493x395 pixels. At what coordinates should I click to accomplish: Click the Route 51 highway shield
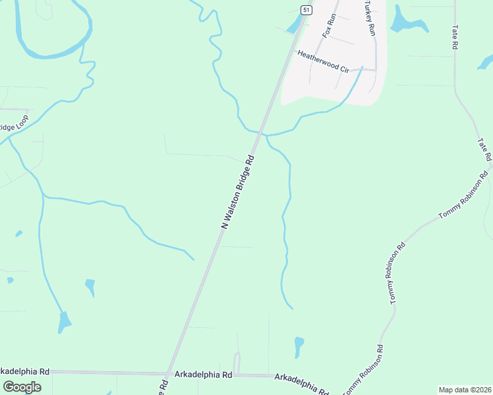pos(306,9)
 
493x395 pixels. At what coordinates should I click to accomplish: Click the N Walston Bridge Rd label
pos(238,192)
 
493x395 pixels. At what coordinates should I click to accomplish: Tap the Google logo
pos(22,386)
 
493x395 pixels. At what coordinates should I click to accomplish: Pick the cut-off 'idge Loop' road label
pos(14,124)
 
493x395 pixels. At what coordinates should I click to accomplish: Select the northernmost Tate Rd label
pos(455,38)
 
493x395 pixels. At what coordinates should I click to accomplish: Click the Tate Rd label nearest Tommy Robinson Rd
pos(484,150)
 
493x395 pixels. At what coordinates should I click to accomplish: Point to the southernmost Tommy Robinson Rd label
pos(362,370)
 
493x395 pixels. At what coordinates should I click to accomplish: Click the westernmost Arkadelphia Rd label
pos(25,371)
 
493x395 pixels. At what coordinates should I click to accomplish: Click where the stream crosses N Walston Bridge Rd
pos(261,132)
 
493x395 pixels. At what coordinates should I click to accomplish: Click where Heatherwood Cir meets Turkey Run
pos(376,69)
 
